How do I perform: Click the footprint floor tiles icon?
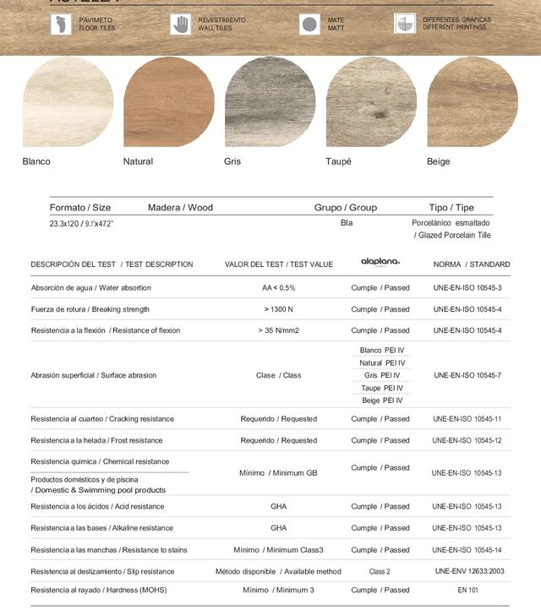click(61, 24)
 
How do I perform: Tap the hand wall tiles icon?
click(180, 24)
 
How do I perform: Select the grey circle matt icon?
click(309, 24)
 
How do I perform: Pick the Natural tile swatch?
click(168, 103)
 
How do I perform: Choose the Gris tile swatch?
click(270, 103)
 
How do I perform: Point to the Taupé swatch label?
click(338, 161)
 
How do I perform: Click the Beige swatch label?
click(438, 161)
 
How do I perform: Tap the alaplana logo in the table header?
click(380, 263)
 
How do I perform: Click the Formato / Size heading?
click(80, 208)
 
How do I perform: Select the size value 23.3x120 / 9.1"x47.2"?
click(81, 224)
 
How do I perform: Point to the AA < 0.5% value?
click(278, 288)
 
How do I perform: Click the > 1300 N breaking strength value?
click(278, 309)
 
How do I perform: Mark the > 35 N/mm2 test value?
click(278, 330)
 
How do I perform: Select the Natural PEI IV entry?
click(380, 362)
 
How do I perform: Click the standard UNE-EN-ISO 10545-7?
click(467, 375)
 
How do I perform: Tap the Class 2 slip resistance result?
click(380, 572)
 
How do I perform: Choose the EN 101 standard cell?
click(467, 590)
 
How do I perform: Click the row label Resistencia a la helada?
click(101, 440)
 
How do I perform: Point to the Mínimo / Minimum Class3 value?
click(278, 550)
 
